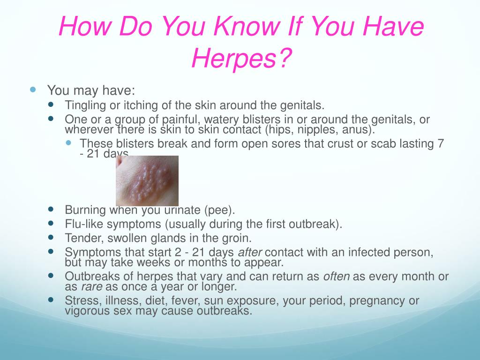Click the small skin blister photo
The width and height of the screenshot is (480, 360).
pos(147,181)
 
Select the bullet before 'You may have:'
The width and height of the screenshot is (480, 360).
pos(33,89)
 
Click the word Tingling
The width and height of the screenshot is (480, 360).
pos(82,105)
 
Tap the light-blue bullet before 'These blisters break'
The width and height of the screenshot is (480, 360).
pos(68,142)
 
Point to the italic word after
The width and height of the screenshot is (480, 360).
pos(251,252)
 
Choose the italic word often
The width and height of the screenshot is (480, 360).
pos(337,277)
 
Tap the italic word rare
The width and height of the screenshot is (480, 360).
pos(92,286)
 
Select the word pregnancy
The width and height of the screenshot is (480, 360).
pos(369,300)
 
